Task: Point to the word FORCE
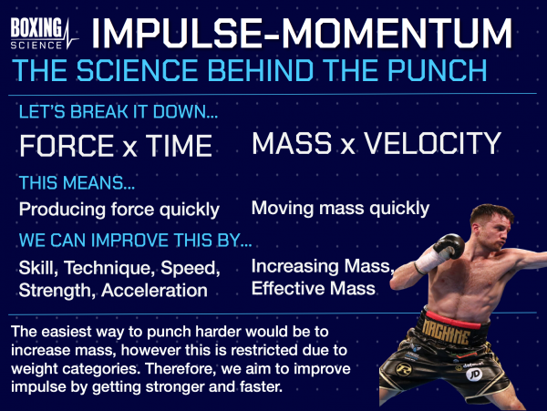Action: coord(66,146)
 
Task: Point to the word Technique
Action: coord(115,270)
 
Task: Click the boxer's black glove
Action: coord(448,247)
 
